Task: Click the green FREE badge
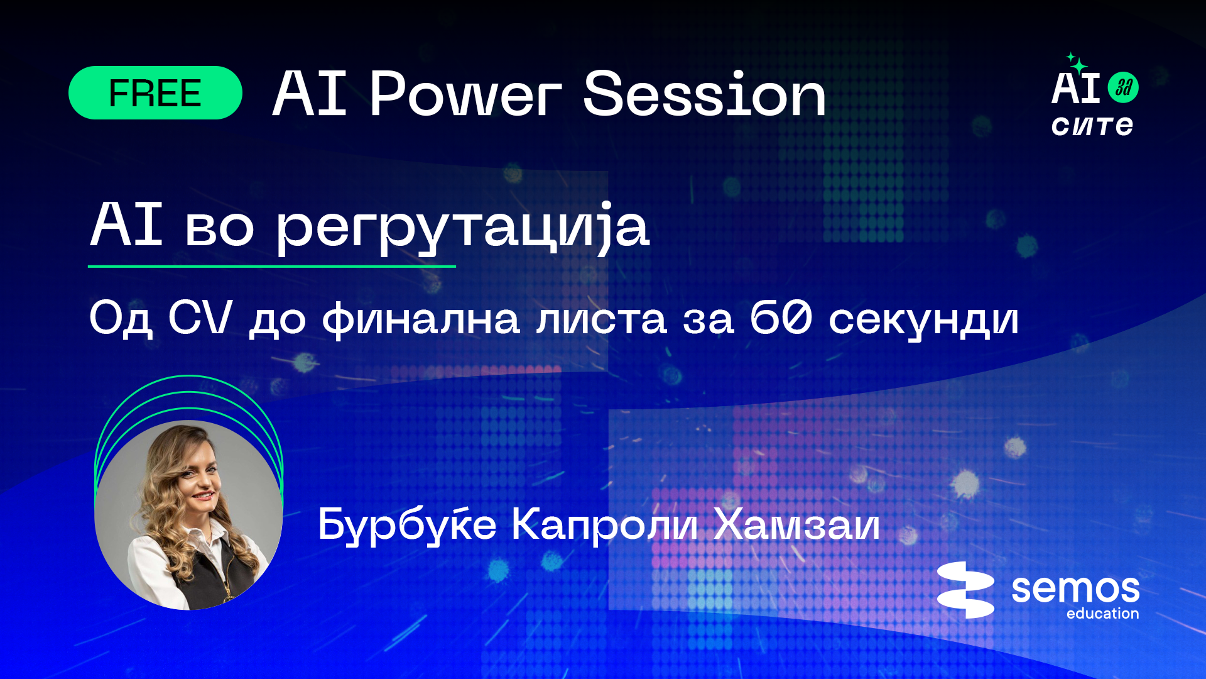[155, 93]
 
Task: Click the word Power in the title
[465, 94]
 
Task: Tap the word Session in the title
[704, 94]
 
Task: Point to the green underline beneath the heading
[271, 267]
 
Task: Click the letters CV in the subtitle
[200, 317]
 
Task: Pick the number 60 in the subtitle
[781, 317]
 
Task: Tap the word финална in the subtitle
[421, 319]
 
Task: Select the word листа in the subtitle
[601, 319]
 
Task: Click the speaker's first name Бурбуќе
[407, 525]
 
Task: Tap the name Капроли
[604, 526]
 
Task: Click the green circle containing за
[1123, 87]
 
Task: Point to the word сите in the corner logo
[1092, 126]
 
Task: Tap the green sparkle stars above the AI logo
[1077, 63]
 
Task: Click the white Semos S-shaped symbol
[965, 590]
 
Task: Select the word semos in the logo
[1075, 590]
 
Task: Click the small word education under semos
[1102, 614]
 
